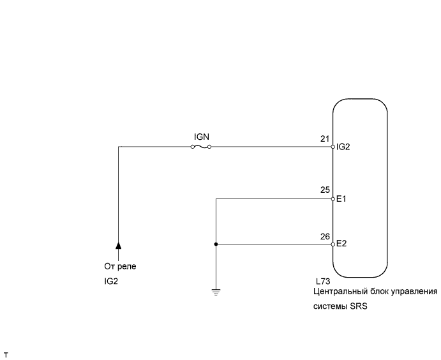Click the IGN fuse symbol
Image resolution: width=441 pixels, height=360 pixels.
click(x=201, y=147)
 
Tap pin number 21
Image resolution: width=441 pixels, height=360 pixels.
click(x=325, y=139)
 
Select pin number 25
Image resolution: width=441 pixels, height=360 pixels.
click(x=325, y=190)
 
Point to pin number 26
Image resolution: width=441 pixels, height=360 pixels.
click(x=325, y=236)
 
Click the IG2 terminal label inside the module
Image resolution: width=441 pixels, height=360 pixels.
click(x=343, y=147)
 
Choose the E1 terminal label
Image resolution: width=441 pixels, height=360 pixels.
click(x=341, y=199)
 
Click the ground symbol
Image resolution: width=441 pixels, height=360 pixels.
click(x=216, y=292)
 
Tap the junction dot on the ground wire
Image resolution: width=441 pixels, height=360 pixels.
click(x=216, y=244)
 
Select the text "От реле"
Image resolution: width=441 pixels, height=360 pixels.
click(x=120, y=266)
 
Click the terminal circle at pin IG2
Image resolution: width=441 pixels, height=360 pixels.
click(x=333, y=147)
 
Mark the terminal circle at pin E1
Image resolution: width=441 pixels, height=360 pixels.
click(x=333, y=199)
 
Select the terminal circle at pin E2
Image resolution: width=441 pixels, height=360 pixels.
click(x=333, y=244)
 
